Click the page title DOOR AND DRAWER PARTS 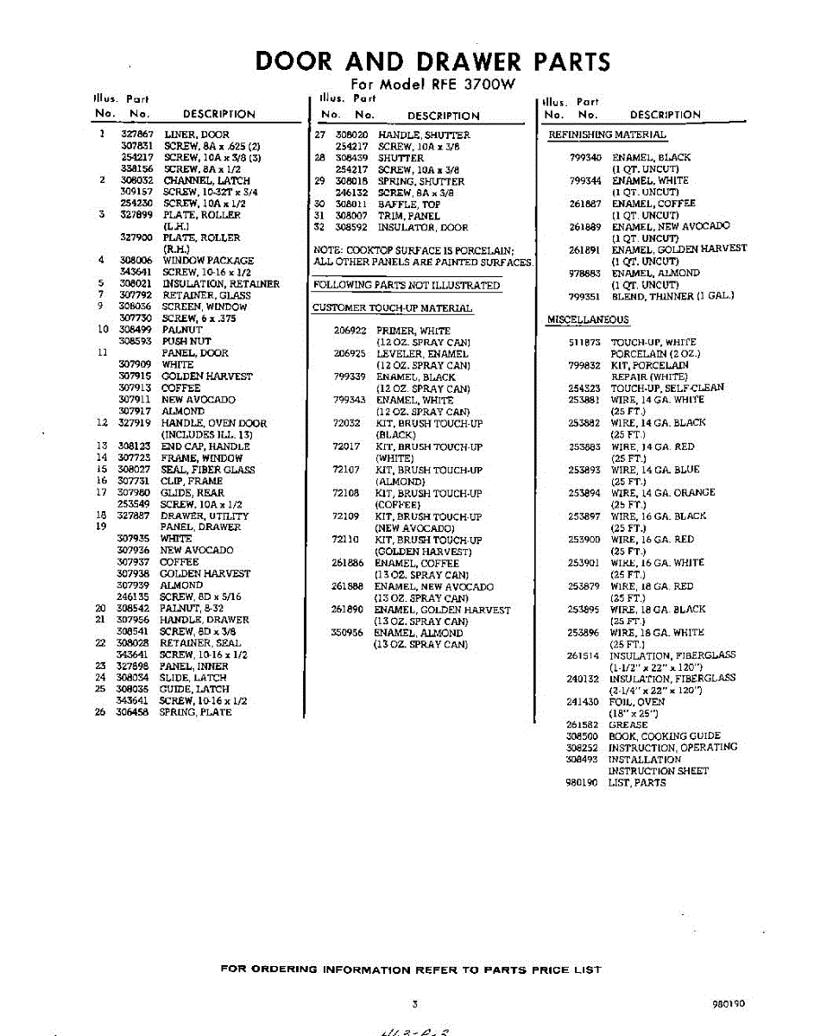click(x=432, y=62)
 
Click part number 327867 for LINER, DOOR click(x=137, y=135)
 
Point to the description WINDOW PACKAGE click(x=208, y=261)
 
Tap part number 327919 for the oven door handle click(x=135, y=423)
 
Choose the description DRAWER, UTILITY click(x=205, y=515)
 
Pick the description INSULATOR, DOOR click(x=423, y=228)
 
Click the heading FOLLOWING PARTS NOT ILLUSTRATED click(x=407, y=285)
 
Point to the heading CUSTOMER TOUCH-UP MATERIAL click(x=392, y=308)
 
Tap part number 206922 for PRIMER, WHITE click(x=350, y=331)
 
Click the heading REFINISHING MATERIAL click(x=608, y=135)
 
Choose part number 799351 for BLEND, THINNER click(x=585, y=296)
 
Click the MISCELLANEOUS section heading click(x=588, y=320)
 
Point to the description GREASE click(x=628, y=725)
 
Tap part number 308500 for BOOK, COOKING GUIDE click(x=582, y=736)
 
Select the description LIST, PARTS click(x=637, y=782)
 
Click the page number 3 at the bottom click(x=415, y=1004)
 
